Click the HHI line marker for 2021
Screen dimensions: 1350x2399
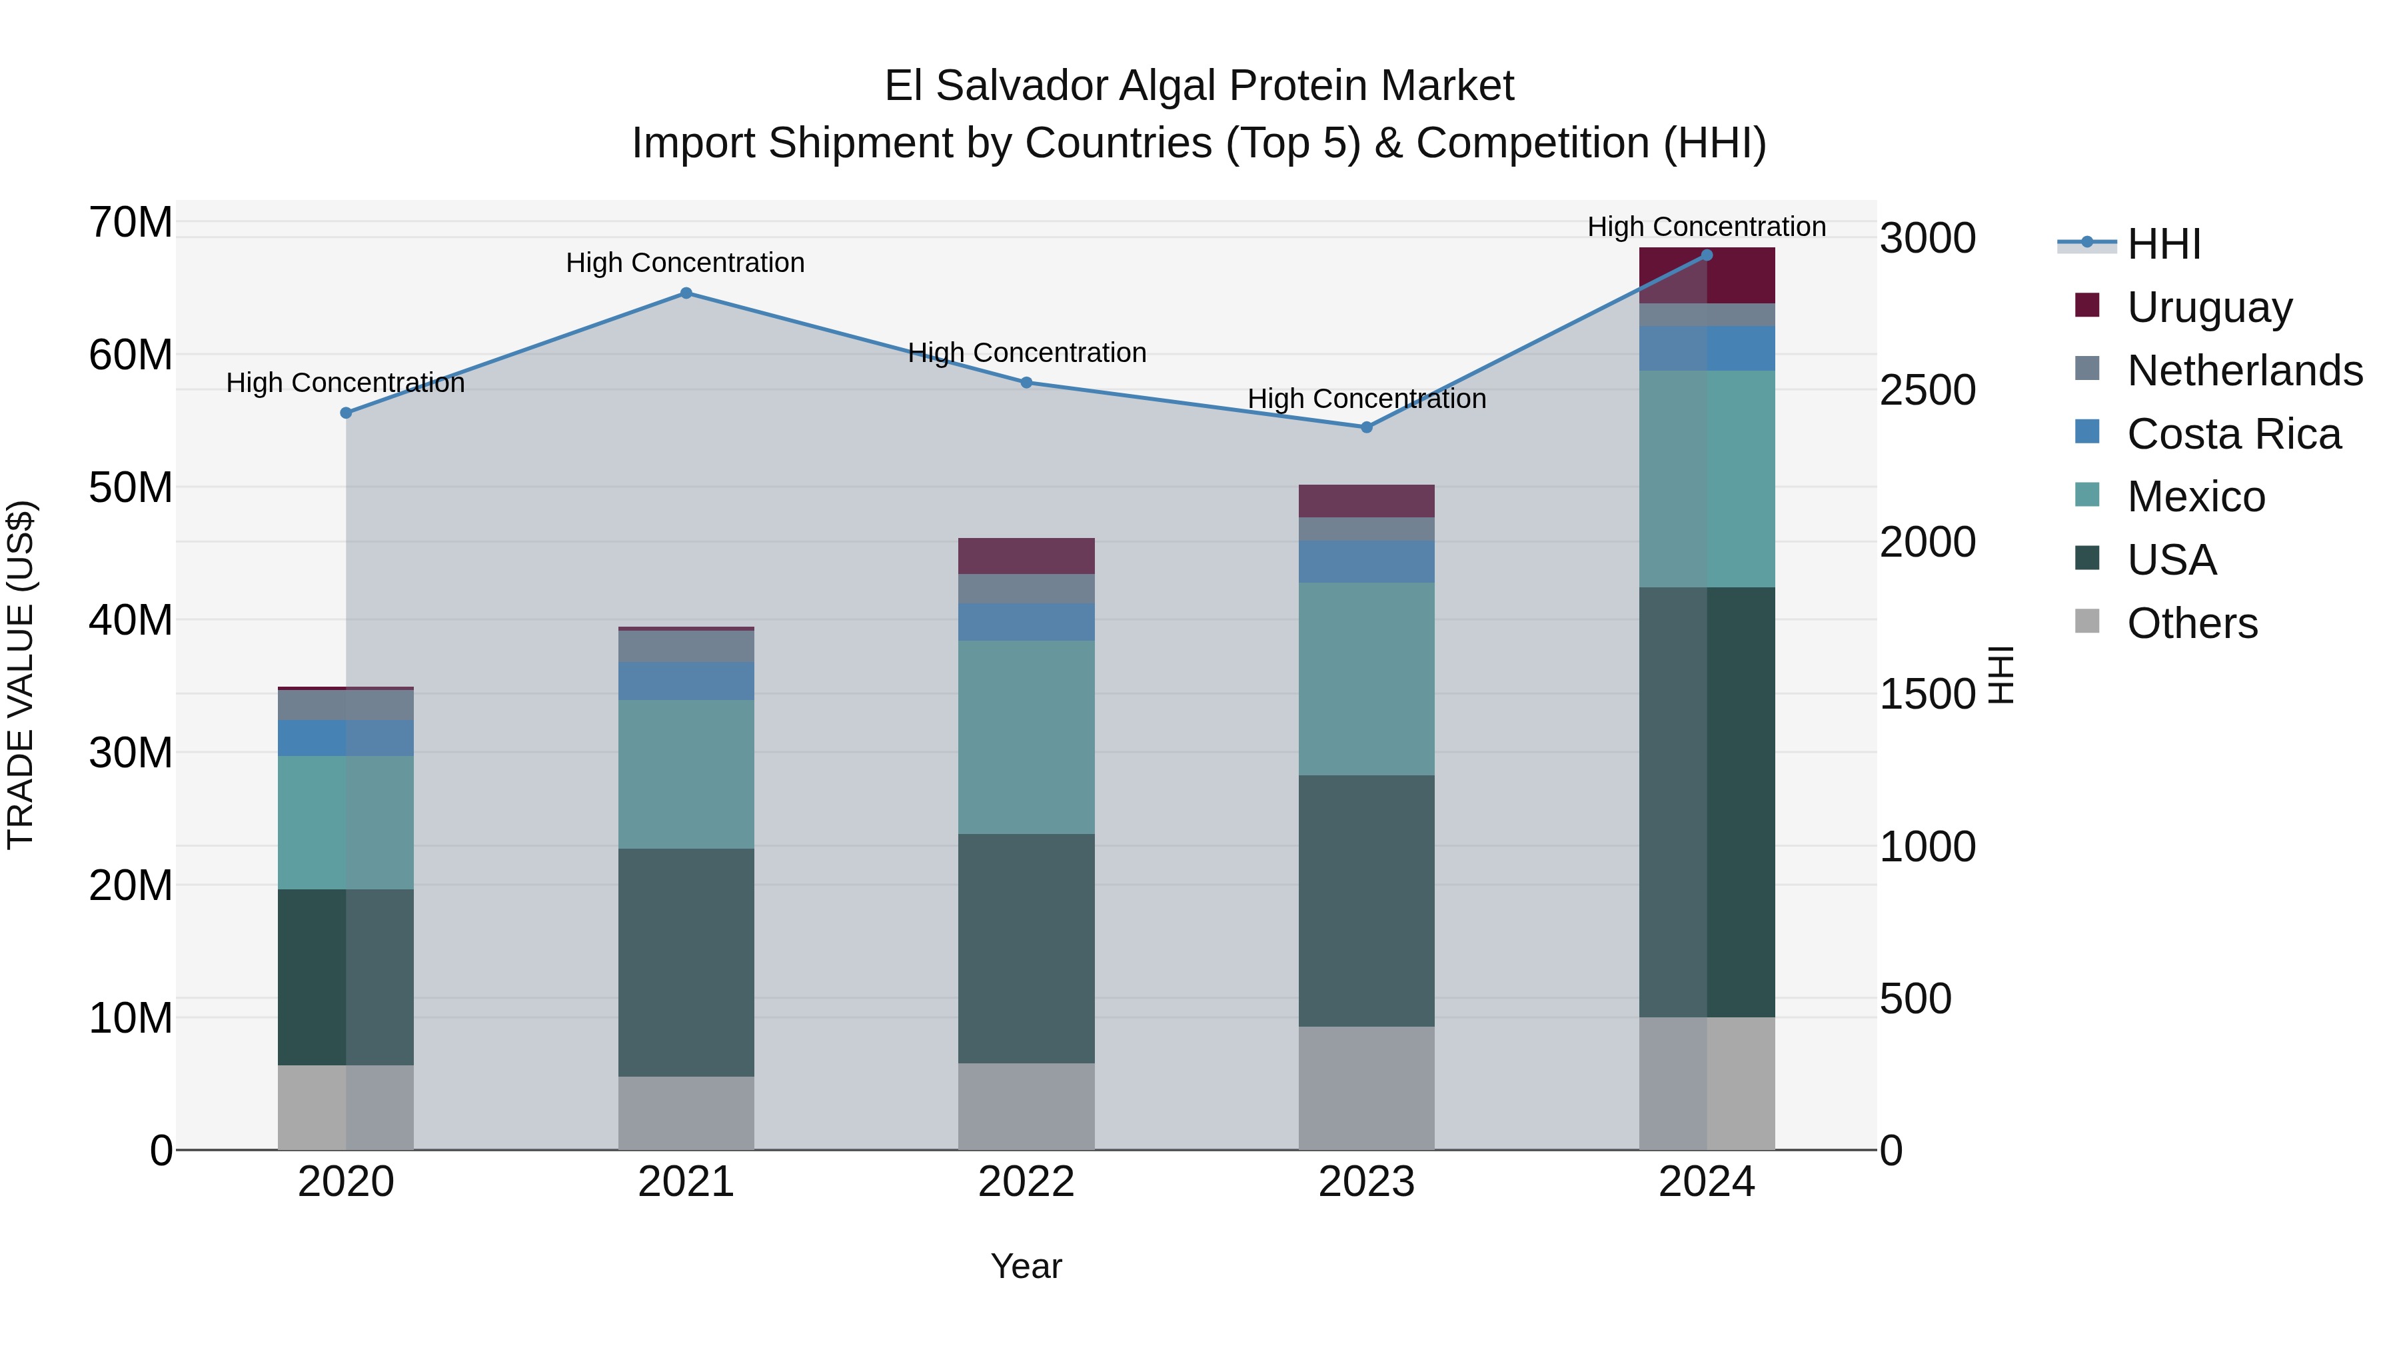(686, 293)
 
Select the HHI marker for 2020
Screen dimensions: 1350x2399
(345, 413)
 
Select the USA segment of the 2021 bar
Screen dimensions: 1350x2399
(686, 963)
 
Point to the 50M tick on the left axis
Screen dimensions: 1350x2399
(131, 487)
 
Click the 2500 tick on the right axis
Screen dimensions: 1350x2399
(1927, 391)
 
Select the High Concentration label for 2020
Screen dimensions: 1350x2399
(345, 383)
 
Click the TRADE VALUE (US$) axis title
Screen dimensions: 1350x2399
(21, 675)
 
